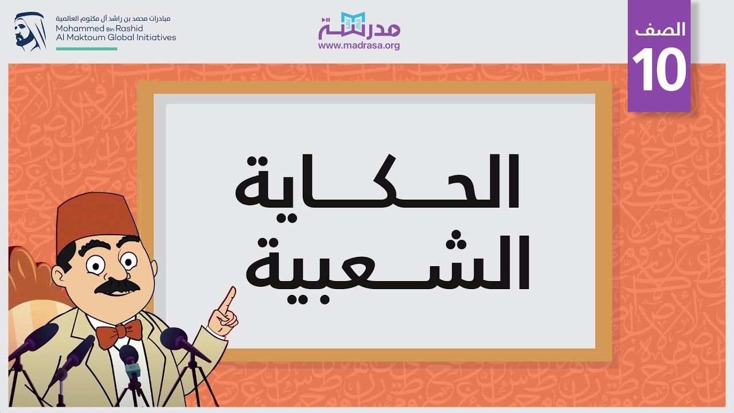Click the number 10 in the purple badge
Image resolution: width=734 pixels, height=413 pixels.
pyautogui.click(x=659, y=70)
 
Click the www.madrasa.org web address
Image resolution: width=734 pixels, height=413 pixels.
pyautogui.click(x=359, y=45)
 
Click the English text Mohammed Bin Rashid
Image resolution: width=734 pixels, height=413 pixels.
pyautogui.click(x=99, y=28)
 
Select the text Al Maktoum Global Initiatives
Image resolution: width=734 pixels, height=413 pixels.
pyautogui.click(x=116, y=37)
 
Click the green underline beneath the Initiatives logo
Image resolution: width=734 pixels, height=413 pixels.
pyautogui.click(x=86, y=49)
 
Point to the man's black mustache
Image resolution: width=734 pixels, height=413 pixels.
pyautogui.click(x=118, y=286)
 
